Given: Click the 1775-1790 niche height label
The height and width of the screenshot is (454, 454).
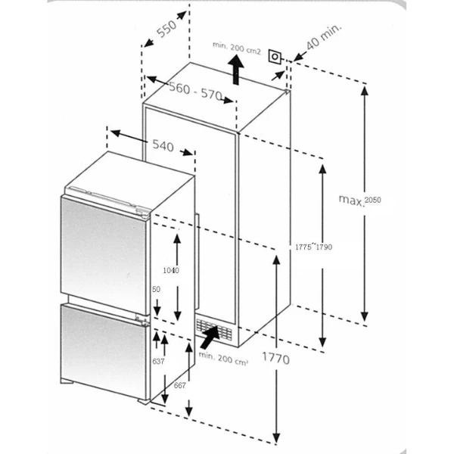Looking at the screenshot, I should point(313,247).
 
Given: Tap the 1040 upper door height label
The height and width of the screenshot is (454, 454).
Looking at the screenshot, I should point(170,270).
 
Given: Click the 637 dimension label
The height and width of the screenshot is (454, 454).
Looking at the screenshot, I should point(158,361).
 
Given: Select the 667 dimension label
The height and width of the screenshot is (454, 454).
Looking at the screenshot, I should point(179,387).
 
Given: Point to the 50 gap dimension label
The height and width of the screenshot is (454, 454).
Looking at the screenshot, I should point(157,290).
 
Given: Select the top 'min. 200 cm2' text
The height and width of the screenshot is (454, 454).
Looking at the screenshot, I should point(236,49).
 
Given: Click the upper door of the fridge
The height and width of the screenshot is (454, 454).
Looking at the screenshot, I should point(103,245).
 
